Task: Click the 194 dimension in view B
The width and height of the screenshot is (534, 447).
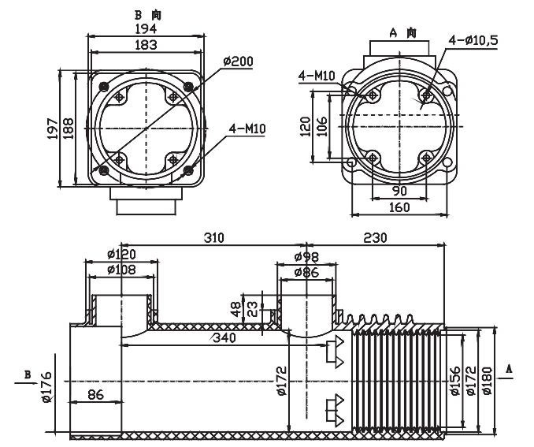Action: pyautogui.click(x=146, y=28)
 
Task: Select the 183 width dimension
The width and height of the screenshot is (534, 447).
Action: pyautogui.click(x=146, y=44)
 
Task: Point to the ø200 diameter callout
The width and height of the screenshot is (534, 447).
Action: pyautogui.click(x=238, y=61)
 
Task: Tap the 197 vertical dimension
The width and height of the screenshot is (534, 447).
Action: pyautogui.click(x=52, y=128)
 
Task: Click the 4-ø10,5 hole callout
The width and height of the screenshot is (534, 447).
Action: pyautogui.click(x=473, y=40)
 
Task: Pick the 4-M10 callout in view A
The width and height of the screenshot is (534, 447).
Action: pyautogui.click(x=317, y=76)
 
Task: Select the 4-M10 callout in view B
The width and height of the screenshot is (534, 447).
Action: pyautogui.click(x=247, y=129)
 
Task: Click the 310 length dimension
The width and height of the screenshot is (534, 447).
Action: pyautogui.click(x=214, y=237)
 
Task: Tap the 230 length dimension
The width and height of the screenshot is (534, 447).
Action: pyautogui.click(x=376, y=237)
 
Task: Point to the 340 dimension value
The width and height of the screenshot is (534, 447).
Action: pyautogui.click(x=224, y=337)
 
